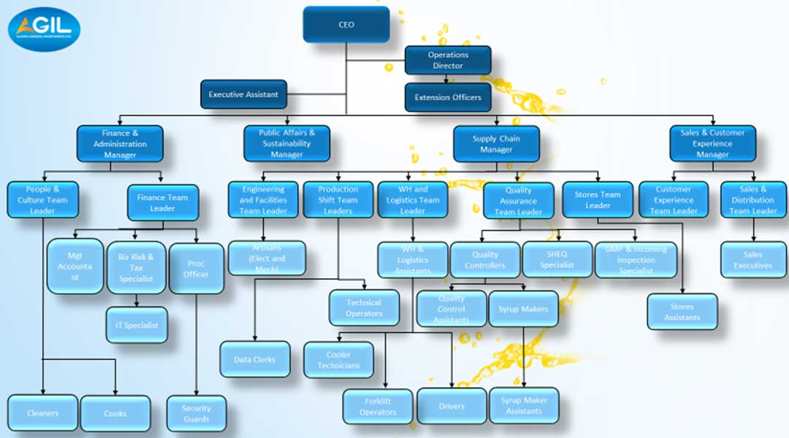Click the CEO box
pos(346,24)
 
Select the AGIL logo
pos(44,29)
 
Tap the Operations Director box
pos(448,60)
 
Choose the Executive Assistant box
pos(243,94)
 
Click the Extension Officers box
pos(448,97)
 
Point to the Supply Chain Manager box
pos(496,144)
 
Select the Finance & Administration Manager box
pos(120,144)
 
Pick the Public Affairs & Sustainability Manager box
pos(286,144)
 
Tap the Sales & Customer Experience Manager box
pos(712,144)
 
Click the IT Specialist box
pos(137,325)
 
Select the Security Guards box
pos(196,414)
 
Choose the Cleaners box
pos(42,413)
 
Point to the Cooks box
pos(115,413)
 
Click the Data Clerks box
pos(254,359)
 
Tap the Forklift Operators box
pos(378,407)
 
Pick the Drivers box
pos(451,406)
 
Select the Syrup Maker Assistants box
pos(524,406)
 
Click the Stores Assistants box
pos(682,312)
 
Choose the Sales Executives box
pos(753,260)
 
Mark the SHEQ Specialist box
pos(557,260)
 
